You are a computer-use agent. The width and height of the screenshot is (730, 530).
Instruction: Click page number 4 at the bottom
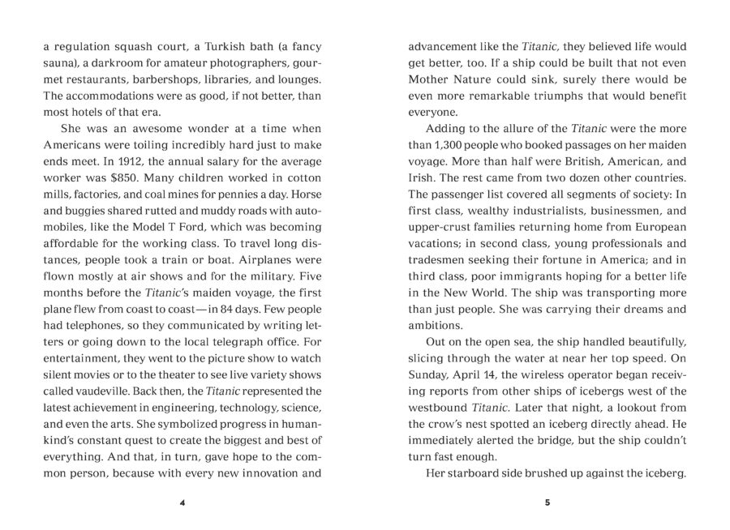pos(182,504)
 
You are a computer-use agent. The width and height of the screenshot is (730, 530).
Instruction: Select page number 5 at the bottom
pos(547,504)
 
